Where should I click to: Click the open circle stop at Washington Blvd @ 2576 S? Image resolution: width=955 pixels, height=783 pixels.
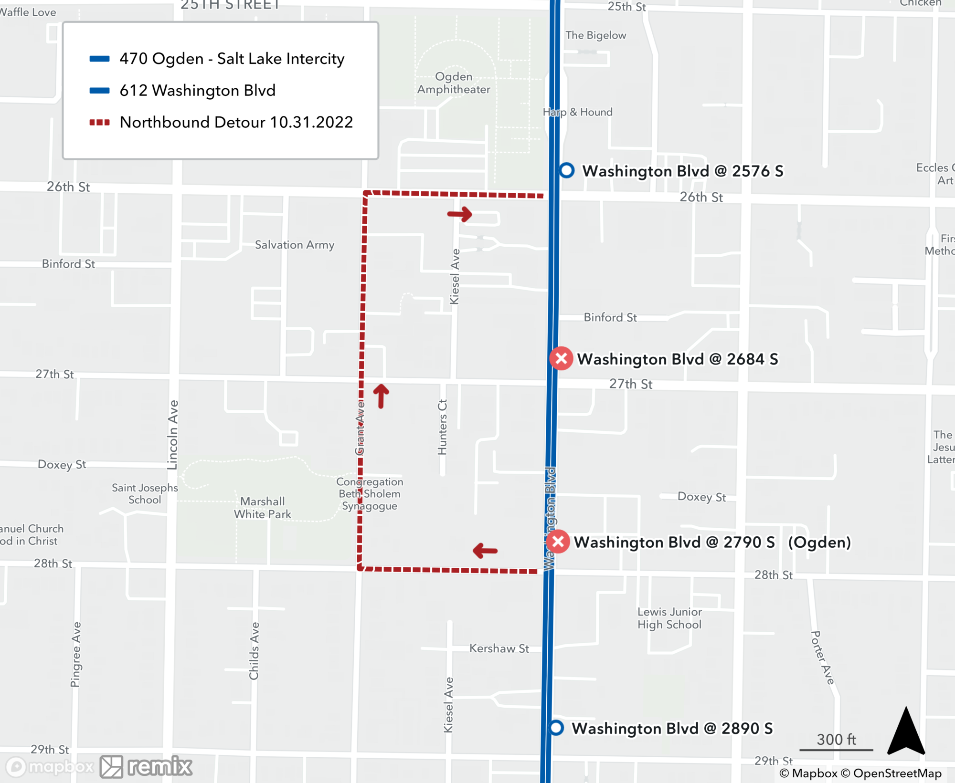[x=567, y=170]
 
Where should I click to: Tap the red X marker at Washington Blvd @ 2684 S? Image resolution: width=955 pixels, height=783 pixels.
[x=561, y=358]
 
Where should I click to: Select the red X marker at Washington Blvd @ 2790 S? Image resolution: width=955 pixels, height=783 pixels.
[x=558, y=542]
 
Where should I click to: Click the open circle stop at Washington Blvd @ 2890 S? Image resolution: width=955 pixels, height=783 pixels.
[x=556, y=728]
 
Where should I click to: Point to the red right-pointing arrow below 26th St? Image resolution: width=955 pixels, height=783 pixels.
[x=460, y=214]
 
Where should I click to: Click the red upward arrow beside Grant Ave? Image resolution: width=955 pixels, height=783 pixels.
[x=381, y=396]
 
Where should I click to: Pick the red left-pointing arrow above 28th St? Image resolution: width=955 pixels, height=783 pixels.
[x=485, y=551]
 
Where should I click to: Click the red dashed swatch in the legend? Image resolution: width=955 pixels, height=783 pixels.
[x=99, y=123]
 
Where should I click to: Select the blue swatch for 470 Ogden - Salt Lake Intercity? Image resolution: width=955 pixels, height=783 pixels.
[x=99, y=59]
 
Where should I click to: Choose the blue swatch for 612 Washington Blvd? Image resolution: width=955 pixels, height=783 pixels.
[x=99, y=91]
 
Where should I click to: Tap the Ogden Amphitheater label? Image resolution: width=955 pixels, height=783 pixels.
[x=454, y=83]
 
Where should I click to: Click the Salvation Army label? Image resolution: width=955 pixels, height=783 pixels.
[x=294, y=245]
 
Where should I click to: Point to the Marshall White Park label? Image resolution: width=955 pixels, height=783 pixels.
[x=262, y=508]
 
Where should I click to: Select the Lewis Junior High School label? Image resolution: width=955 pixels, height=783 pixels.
[x=669, y=618]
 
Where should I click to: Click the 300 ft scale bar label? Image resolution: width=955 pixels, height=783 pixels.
[x=836, y=740]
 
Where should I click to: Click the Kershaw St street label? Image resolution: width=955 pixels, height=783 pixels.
[x=499, y=648]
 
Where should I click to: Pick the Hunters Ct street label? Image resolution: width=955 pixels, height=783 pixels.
[x=442, y=427]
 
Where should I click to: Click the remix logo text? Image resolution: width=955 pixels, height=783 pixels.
[x=160, y=767]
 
